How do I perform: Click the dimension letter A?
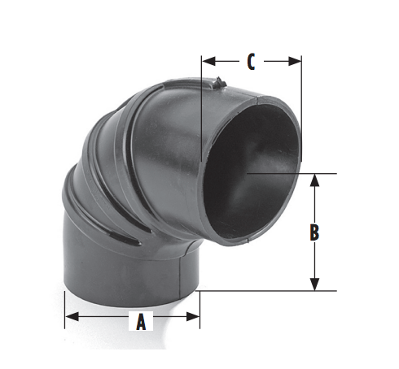pos(140,322)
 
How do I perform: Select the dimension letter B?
pos(314,232)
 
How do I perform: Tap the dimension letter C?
pos(252,60)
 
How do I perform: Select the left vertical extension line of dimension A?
pos(65,309)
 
